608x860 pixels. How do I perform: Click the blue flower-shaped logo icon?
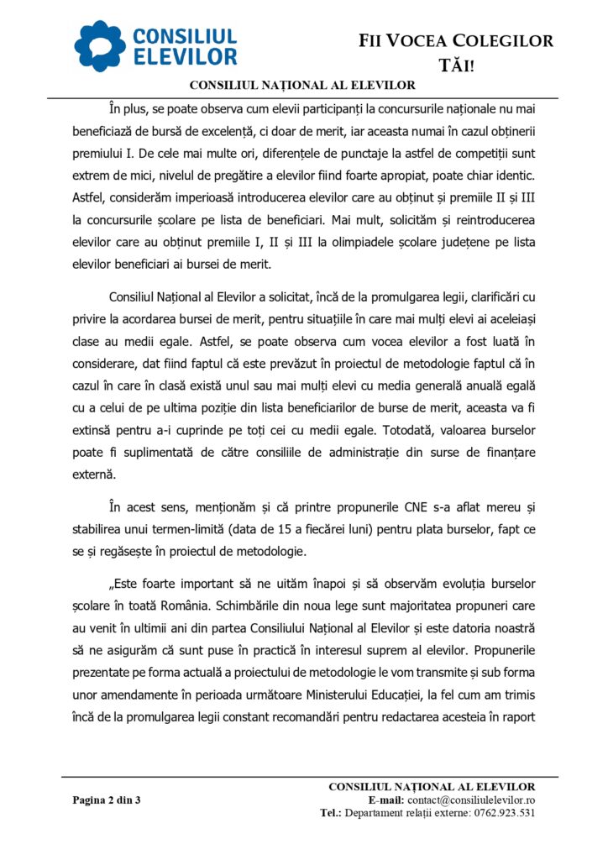(x=100, y=45)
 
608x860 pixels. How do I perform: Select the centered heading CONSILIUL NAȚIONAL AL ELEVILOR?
(x=302, y=85)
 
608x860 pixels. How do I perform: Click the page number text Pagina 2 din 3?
(x=106, y=800)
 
